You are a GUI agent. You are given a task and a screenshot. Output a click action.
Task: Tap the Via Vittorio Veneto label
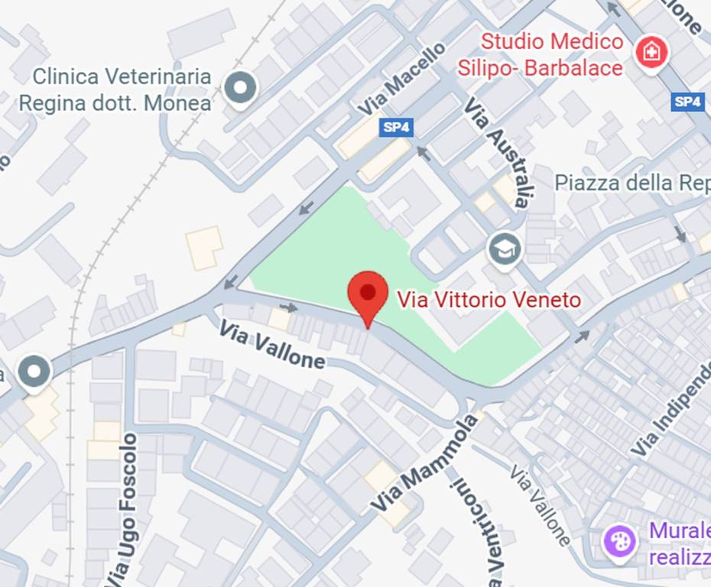[489, 300]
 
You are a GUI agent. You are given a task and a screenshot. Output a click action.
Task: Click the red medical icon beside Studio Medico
[651, 52]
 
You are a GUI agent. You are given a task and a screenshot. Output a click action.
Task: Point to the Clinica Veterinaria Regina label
[115, 89]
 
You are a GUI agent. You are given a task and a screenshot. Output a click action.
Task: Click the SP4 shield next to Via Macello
[396, 127]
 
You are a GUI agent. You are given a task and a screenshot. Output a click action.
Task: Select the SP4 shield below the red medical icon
[687, 102]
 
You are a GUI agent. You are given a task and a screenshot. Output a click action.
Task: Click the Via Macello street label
[401, 80]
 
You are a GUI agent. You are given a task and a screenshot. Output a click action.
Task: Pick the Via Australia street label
[498, 151]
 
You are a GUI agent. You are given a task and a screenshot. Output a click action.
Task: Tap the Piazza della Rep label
[631, 183]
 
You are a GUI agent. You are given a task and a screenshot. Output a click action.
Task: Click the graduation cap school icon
[505, 250]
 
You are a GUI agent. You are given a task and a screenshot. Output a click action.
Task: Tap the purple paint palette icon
[618, 542]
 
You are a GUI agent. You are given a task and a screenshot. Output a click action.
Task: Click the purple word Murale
[679, 530]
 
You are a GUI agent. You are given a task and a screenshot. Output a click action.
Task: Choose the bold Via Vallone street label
[271, 345]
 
